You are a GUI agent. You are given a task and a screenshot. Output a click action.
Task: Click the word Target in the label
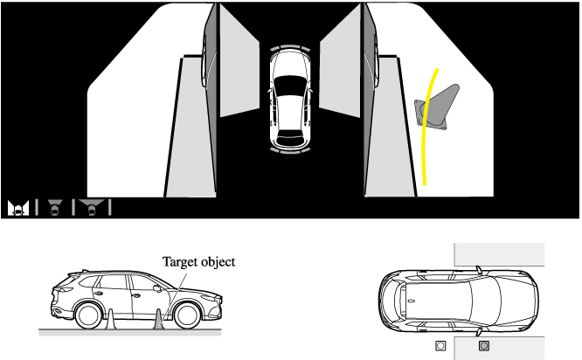coord(180,262)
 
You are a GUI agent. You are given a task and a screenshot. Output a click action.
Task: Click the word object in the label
coord(218,262)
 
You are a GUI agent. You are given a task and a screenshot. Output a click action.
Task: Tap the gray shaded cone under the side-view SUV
coord(159,319)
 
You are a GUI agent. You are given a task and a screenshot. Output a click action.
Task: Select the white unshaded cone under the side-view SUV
coord(111,319)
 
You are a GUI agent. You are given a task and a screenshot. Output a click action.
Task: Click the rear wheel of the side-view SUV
coord(88,315)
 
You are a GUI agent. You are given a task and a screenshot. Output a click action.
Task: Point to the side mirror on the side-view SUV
coord(157,288)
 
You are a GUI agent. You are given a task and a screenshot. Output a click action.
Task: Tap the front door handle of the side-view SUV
coord(135,296)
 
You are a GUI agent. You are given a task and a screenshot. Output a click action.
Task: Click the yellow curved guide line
coord(428,126)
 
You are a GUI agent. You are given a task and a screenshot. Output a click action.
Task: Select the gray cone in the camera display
coord(437,107)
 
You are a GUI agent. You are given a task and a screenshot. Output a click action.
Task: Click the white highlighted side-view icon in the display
coord(18,208)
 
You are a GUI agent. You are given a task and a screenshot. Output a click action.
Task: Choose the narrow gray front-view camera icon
coord(55,207)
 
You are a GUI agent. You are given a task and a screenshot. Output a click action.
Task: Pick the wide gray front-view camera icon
coord(91,207)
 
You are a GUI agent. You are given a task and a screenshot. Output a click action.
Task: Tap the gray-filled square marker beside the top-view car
coord(484,346)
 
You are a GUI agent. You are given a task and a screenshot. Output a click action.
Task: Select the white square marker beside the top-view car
coord(440,346)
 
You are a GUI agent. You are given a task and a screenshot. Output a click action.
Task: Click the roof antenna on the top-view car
coord(412,301)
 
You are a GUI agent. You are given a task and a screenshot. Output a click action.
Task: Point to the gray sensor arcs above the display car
coord(290,48)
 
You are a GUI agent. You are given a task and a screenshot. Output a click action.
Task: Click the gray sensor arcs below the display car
coord(290,150)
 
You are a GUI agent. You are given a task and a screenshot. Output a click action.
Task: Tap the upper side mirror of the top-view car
coord(479,270)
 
